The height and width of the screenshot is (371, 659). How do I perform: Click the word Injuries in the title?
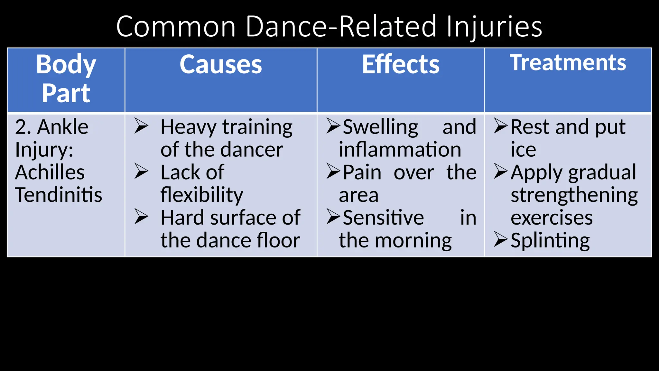494,27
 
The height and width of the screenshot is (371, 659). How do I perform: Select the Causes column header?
221,65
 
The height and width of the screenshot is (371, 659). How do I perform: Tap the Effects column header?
401,65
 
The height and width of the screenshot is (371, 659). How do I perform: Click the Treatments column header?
568,62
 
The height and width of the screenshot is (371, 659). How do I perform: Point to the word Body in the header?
66,65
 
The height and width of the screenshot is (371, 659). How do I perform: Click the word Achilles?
50,172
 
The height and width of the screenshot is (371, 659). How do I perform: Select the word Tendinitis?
59,195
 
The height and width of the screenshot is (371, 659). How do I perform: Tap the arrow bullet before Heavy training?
141,126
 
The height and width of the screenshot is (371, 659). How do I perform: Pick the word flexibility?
202,195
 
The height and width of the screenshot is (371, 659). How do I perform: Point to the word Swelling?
380,127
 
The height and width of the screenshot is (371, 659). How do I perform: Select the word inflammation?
400,150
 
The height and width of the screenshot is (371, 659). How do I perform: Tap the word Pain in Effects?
362,172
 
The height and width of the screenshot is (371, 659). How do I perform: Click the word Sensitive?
383,218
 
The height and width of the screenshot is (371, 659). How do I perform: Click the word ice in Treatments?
523,150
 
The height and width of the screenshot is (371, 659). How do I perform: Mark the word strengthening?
574,195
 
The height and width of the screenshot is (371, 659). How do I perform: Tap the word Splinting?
550,241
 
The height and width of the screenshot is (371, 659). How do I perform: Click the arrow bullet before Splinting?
501,239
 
